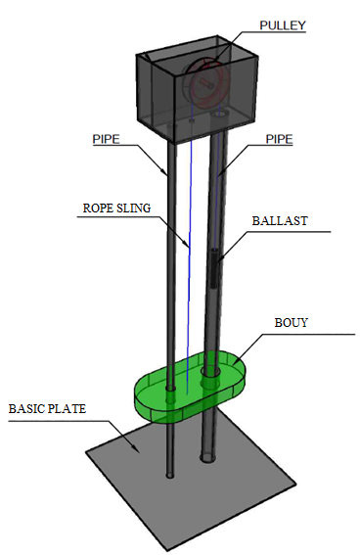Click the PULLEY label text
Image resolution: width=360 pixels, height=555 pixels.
283,25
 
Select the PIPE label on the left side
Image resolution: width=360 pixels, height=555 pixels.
106,139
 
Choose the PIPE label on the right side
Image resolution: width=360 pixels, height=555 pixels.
280,139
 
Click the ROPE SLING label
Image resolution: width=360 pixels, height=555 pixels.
116,208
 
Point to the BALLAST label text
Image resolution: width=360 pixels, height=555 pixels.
280,221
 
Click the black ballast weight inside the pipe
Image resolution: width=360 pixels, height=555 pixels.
215,267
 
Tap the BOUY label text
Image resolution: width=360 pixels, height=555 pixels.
292,323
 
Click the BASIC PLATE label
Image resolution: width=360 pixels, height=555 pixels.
47,409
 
